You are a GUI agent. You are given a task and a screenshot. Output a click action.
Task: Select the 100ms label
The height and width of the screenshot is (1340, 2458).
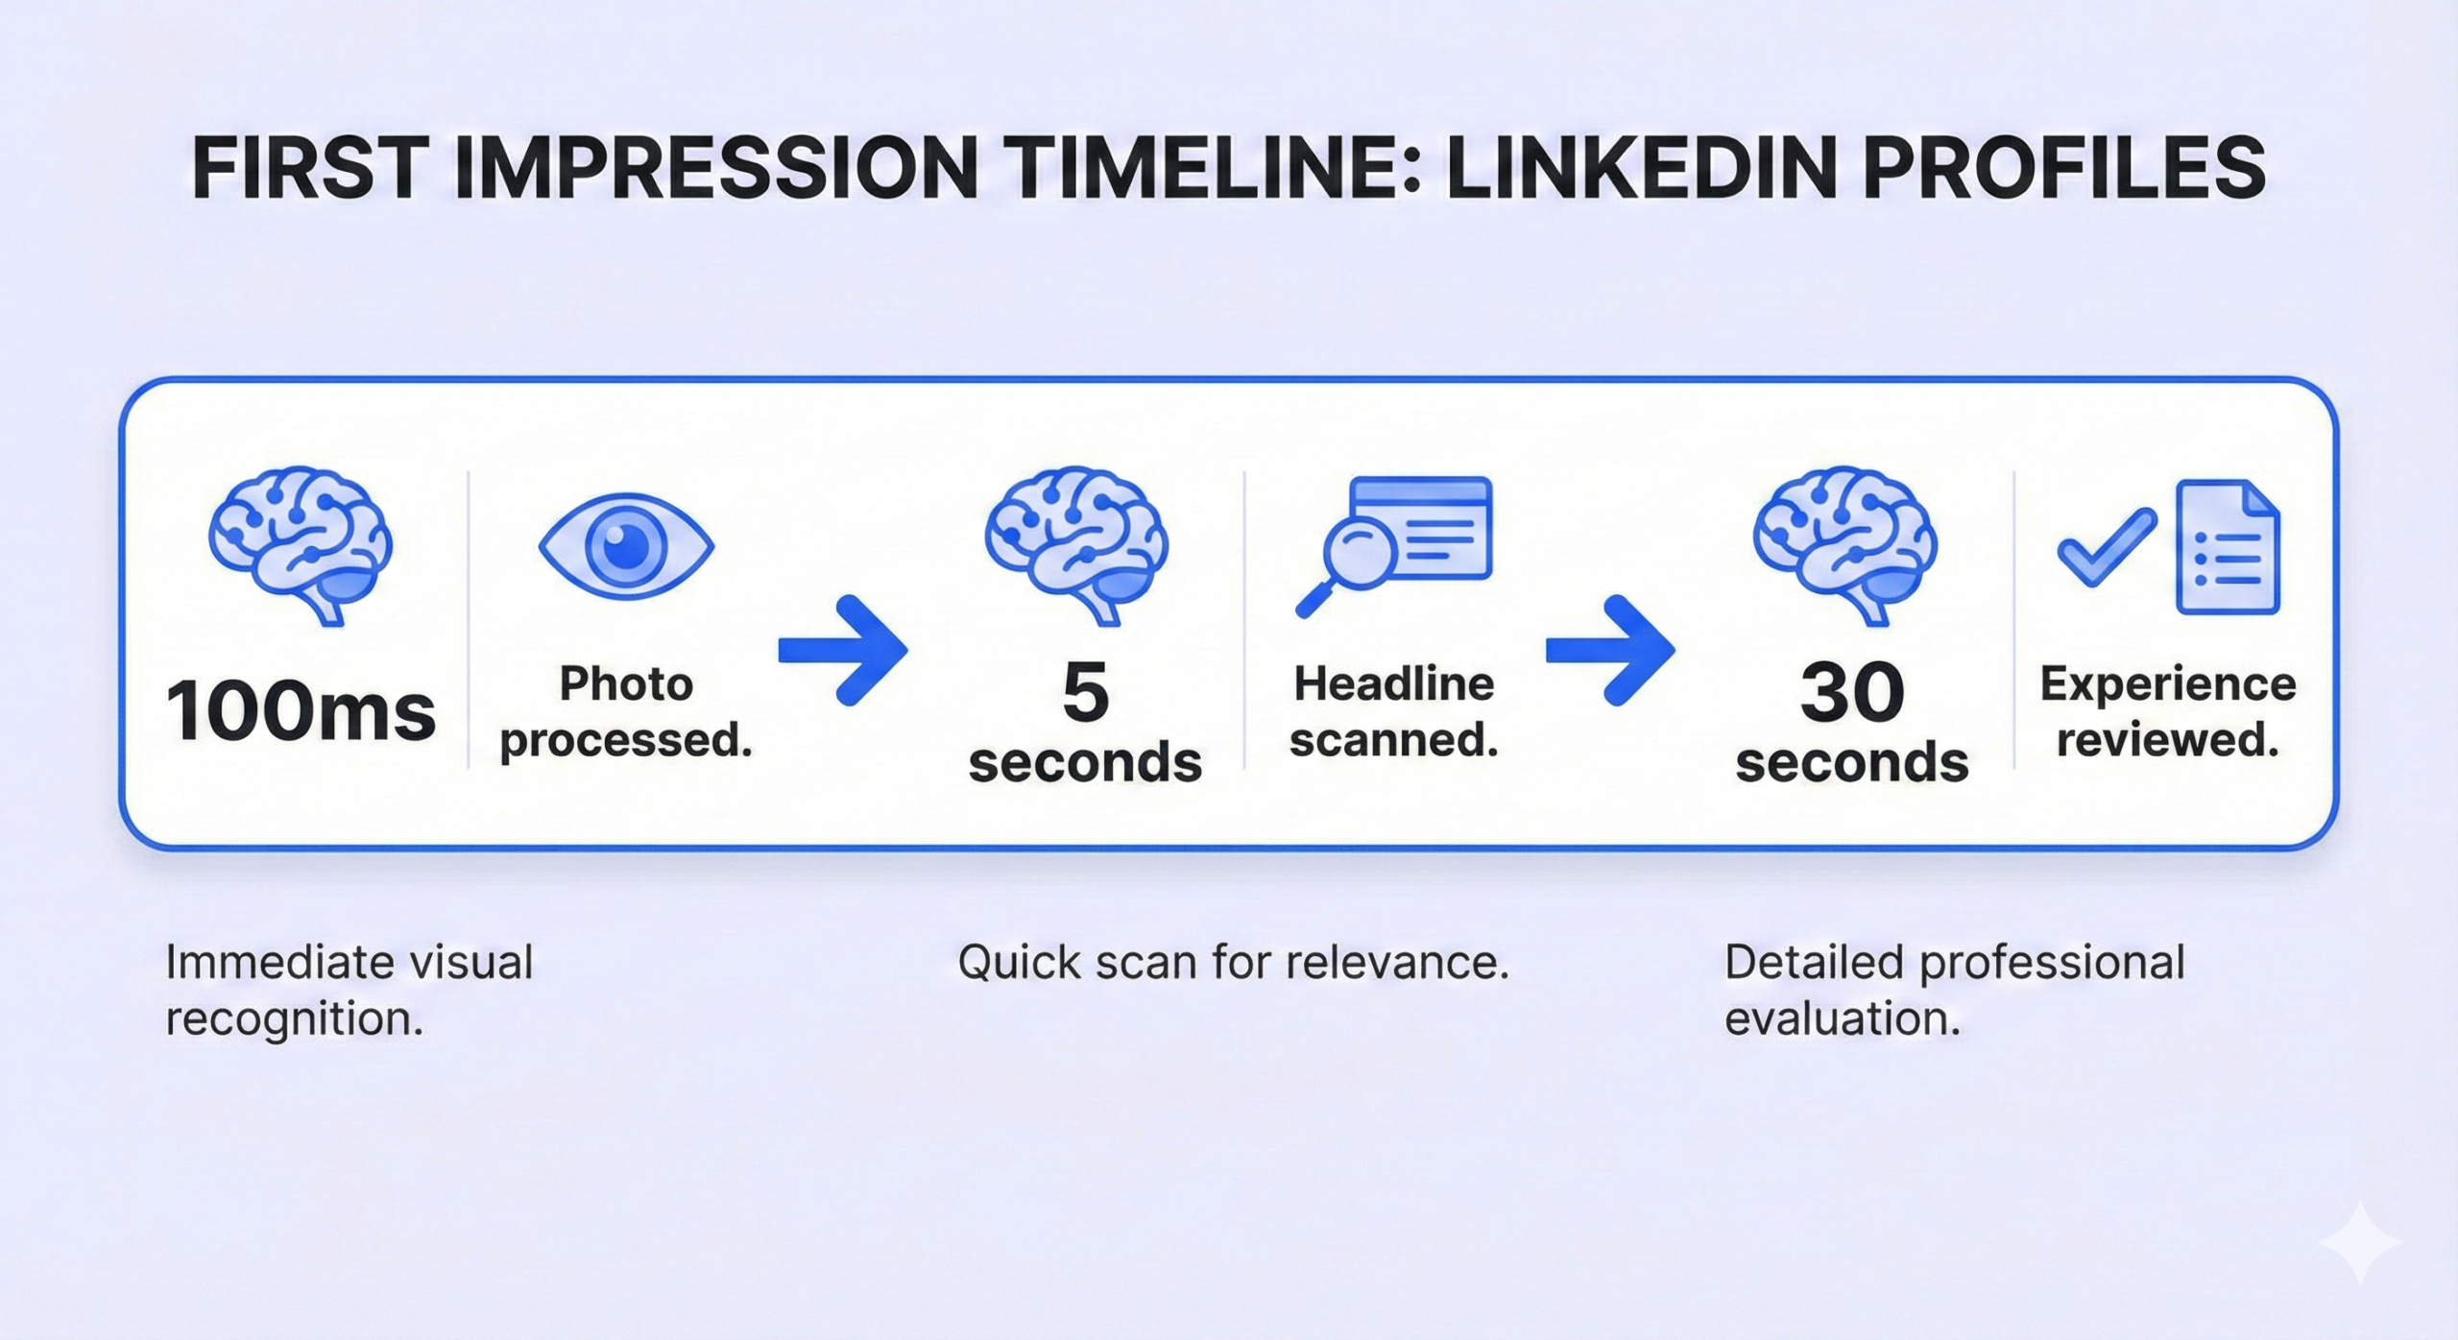[301, 711]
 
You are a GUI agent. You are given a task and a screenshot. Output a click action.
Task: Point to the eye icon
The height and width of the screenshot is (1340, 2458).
[626, 546]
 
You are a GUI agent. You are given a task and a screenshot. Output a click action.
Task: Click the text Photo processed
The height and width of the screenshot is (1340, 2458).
[626, 712]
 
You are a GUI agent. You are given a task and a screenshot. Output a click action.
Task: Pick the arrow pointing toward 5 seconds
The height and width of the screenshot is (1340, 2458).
[842, 650]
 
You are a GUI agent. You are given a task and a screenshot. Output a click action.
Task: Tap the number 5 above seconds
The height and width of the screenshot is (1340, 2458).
[1086, 691]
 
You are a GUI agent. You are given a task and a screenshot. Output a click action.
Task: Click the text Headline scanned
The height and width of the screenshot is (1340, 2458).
[1394, 712]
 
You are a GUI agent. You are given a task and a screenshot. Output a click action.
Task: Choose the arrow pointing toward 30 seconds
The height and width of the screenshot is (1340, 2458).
[1610, 650]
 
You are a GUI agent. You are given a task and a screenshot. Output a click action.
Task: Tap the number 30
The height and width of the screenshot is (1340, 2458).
[1852, 692]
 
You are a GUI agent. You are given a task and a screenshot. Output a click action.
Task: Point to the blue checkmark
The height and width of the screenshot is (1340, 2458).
[2106, 547]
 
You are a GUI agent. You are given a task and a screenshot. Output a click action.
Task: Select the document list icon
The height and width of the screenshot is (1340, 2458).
[2228, 546]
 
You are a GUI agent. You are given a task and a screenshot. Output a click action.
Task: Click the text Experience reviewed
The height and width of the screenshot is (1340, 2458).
[2168, 712]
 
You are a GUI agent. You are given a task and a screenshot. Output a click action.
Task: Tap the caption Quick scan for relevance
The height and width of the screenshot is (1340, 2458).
[1234, 963]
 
